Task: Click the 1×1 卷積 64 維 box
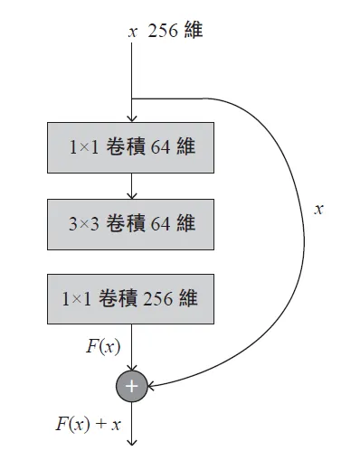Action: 131,147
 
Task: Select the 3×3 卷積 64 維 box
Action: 131,223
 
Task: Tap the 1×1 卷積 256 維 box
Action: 131,298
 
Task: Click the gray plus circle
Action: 132,386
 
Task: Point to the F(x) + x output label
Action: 88,424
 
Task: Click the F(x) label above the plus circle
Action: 104,346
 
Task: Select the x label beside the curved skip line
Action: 318,209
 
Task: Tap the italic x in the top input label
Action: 132,32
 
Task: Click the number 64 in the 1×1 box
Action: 161,147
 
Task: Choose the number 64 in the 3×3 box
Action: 161,223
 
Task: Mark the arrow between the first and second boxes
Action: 132,185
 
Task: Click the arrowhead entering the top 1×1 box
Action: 132,117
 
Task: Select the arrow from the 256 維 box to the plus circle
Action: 132,348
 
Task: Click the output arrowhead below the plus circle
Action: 132,442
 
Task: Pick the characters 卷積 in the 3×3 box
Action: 123,223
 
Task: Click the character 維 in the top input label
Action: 192,32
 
